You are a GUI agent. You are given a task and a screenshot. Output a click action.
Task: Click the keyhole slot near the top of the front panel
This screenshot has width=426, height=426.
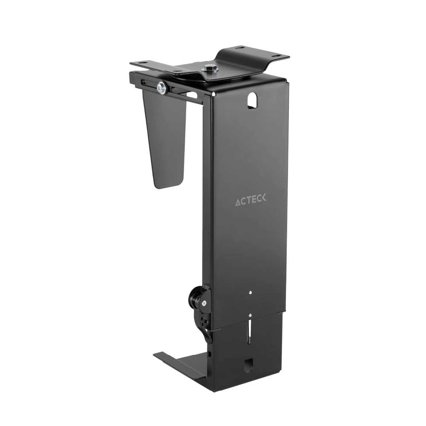[x=253, y=99]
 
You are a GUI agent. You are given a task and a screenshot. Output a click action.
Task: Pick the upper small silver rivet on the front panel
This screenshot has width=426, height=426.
[x=250, y=293]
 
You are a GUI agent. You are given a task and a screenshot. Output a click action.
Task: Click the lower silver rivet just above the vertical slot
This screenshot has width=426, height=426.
[x=250, y=316]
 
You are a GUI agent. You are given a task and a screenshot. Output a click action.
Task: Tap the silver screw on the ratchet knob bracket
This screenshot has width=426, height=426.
[x=204, y=303]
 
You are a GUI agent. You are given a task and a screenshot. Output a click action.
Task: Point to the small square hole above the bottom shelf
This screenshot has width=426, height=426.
[x=210, y=353]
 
